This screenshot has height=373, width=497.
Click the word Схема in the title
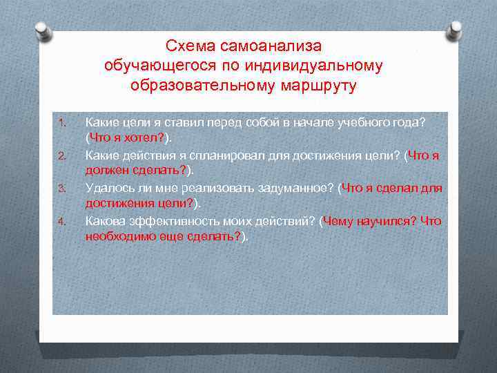pos(191,46)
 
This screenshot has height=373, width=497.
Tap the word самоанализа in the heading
pos(271,46)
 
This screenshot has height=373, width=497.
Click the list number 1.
pos(61,124)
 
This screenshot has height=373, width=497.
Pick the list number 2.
pos(61,156)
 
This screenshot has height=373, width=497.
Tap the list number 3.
pos(61,189)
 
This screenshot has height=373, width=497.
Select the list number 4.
pos(61,222)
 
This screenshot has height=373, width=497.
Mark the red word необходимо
pos(119,236)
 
